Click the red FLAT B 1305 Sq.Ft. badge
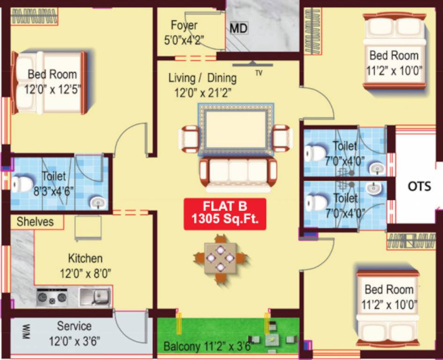click(225, 214)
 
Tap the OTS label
click(419, 186)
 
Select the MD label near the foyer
click(238, 29)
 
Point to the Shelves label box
click(35, 222)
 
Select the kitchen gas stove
click(52, 297)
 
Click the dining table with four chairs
click(220, 257)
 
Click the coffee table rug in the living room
click(236, 129)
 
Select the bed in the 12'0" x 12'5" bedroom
click(49, 82)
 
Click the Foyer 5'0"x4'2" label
click(184, 32)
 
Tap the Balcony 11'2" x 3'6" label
click(208, 347)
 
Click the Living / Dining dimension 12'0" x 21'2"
click(203, 92)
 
